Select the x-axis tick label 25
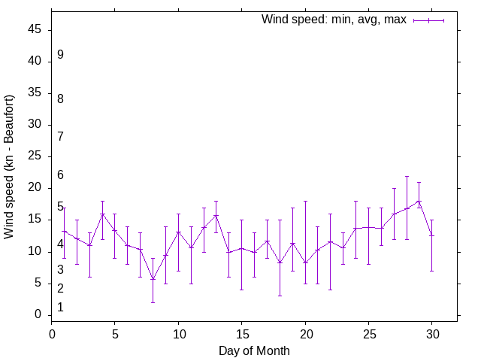tap(369, 333)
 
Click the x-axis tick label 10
tap(179, 333)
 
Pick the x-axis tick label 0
tap(52, 333)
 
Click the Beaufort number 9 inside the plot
tap(60, 55)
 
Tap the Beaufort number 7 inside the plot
tap(60, 136)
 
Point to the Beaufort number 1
tap(60, 307)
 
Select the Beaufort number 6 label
tap(60, 175)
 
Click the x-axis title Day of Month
tap(254, 350)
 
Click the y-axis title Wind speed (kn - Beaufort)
tap(10, 167)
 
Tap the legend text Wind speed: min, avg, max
tap(334, 20)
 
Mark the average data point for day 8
tap(153, 280)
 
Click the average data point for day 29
tap(419, 201)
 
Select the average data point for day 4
tap(102, 214)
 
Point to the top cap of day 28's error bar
tap(407, 176)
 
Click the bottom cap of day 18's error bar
tap(280, 296)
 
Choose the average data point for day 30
tap(432, 235)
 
